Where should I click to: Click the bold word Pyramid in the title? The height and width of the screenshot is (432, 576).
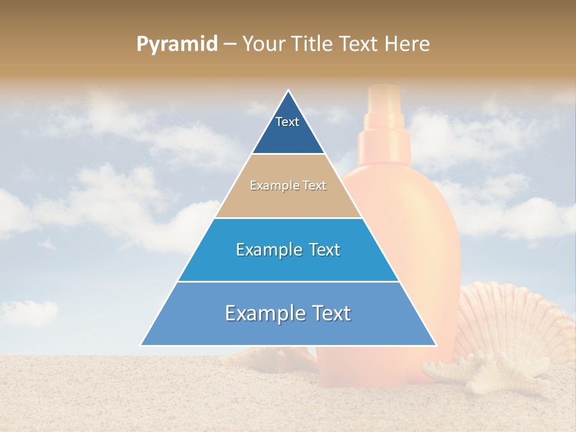click(176, 44)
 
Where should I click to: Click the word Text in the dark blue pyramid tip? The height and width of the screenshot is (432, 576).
click(287, 122)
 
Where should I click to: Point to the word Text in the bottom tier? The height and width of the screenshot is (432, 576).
click(327, 313)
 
